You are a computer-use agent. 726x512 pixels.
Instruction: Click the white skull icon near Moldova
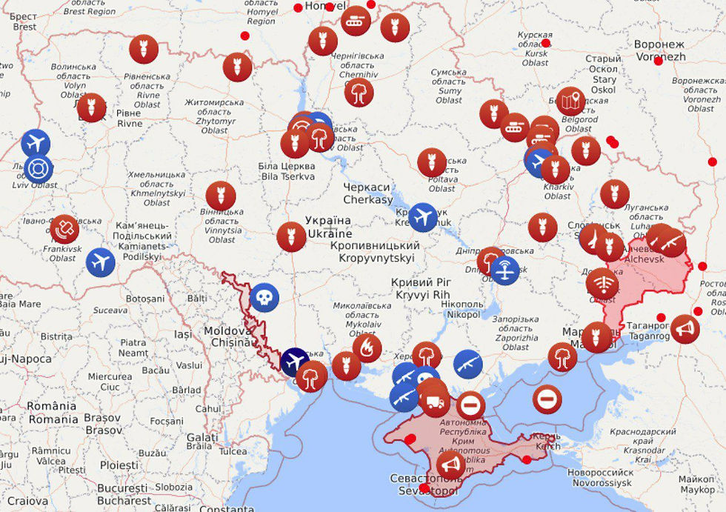tap(264, 297)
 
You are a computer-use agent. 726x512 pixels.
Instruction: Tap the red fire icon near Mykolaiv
tap(367, 348)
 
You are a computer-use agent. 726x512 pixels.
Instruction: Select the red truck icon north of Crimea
tap(435, 402)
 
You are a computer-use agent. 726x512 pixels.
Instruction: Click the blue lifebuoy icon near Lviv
tap(39, 169)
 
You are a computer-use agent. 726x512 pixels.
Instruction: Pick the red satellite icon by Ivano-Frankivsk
tap(64, 229)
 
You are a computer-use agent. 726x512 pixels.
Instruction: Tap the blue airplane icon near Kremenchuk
tap(423, 217)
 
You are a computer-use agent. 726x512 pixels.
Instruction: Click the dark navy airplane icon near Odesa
tap(295, 362)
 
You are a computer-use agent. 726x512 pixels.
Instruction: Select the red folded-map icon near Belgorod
tap(570, 101)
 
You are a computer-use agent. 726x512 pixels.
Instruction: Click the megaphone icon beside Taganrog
tap(685, 328)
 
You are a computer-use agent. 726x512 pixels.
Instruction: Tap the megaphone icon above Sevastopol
tap(450, 465)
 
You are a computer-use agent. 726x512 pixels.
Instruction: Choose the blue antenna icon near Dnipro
tap(504, 270)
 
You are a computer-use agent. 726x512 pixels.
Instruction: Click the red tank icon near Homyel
tap(356, 21)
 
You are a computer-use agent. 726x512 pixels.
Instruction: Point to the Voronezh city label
tap(659, 50)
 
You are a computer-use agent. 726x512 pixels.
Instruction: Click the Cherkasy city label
tap(367, 193)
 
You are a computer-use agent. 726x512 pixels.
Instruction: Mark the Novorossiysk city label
tap(600, 477)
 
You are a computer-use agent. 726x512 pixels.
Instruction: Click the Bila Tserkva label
tap(287, 171)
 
